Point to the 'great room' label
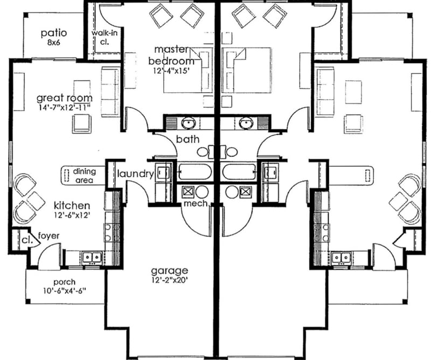64,98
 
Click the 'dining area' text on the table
85,176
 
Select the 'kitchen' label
72,205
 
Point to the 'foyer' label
49,236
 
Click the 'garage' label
170,270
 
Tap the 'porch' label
64,281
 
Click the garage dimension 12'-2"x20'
170,280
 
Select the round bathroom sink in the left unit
189,123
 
